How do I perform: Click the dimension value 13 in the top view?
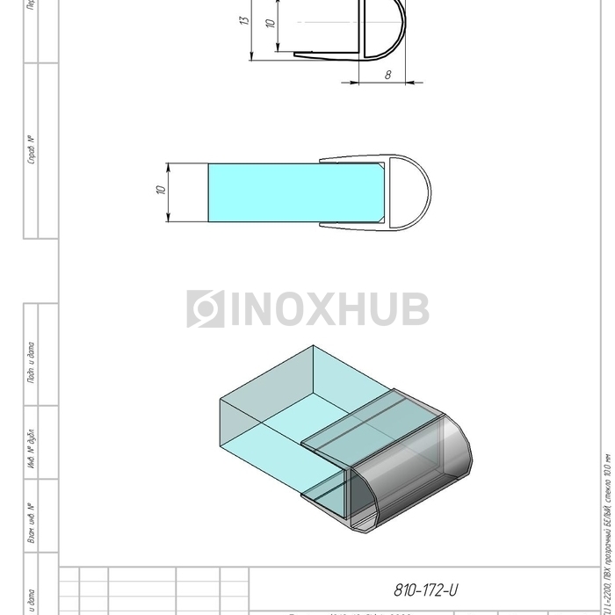point(245,18)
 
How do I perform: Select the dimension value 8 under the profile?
point(387,75)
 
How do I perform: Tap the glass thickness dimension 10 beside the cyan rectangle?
point(161,191)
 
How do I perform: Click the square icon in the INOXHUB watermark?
point(205,309)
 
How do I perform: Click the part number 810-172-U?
point(429,590)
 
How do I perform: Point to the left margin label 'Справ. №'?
point(32,150)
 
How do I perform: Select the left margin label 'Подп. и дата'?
point(32,361)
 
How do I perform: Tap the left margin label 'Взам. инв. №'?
point(32,523)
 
